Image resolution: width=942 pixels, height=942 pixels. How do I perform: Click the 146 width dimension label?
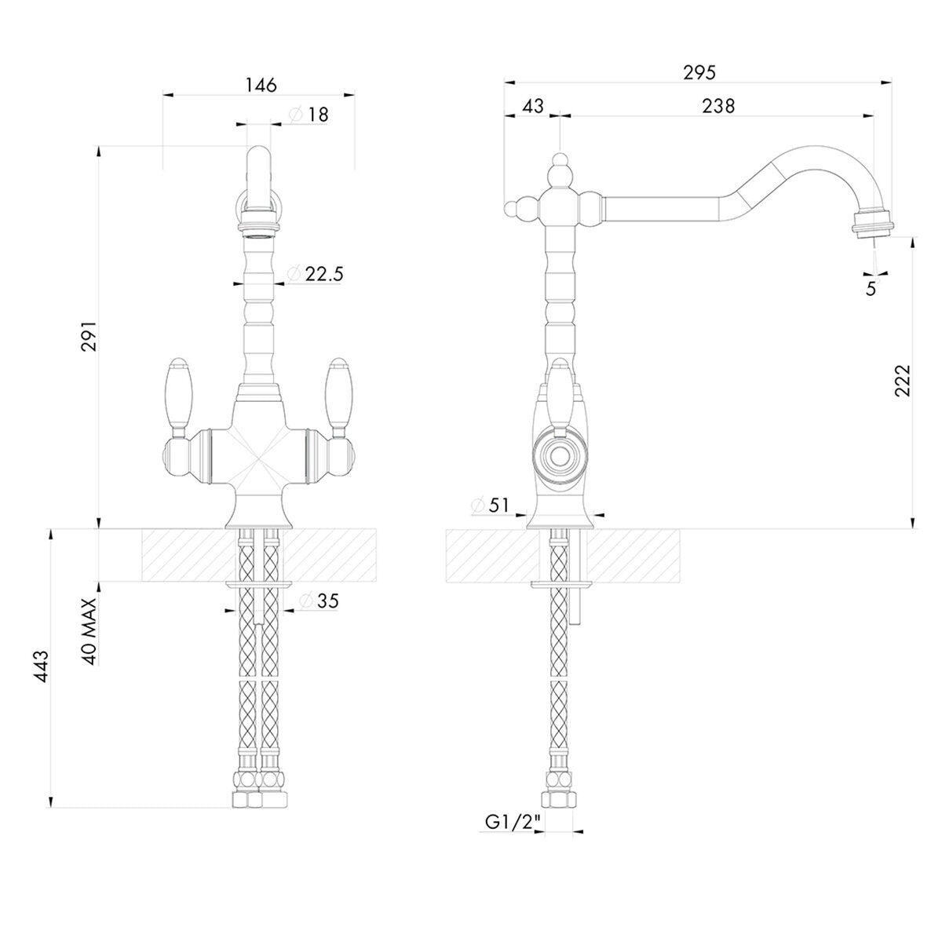[x=261, y=85]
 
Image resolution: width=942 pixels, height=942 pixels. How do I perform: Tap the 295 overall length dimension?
[x=699, y=72]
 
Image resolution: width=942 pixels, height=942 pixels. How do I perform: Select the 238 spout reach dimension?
[x=718, y=106]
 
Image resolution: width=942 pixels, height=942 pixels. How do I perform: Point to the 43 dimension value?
[x=533, y=106]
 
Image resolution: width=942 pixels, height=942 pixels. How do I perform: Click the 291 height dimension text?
[x=90, y=336]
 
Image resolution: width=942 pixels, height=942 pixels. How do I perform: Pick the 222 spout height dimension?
[x=903, y=381]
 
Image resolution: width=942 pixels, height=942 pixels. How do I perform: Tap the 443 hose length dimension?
[x=41, y=666]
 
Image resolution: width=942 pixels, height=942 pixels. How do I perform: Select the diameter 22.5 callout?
[x=315, y=274]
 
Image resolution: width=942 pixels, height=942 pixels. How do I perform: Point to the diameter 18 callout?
[x=309, y=115]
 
